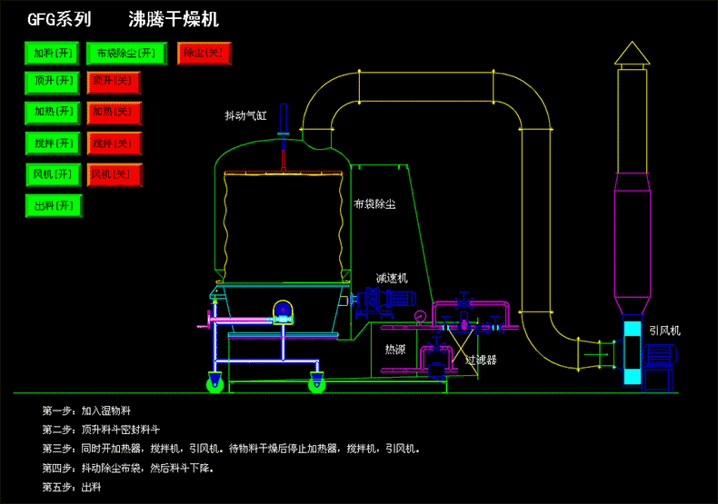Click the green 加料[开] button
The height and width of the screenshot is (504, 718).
tap(53, 54)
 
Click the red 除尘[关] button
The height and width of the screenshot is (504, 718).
tap(204, 54)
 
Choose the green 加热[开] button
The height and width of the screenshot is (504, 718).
tap(53, 113)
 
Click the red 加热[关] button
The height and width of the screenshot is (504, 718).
tap(114, 113)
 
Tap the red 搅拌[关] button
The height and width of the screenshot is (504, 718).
tap(114, 143)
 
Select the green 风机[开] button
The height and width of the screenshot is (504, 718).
tap(53, 174)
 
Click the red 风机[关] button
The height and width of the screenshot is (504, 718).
tap(114, 174)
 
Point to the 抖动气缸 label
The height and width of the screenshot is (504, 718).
tap(246, 116)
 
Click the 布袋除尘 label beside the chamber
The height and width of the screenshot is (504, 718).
tap(374, 204)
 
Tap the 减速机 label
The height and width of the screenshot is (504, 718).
tap(392, 278)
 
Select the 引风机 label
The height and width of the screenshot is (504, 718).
tap(664, 331)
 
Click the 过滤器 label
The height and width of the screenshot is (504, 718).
tap(481, 360)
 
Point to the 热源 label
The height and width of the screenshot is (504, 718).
tap(394, 349)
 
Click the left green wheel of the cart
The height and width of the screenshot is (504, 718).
tap(217, 384)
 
